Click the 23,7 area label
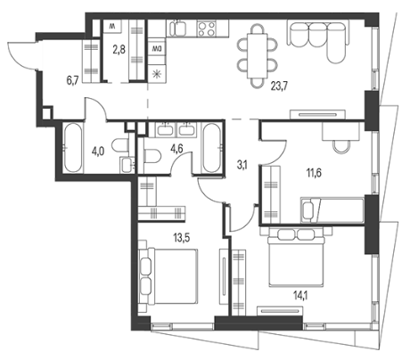pyautogui.click(x=279, y=86)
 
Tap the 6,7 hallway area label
pyautogui.click(x=72, y=81)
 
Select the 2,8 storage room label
pyautogui.click(x=119, y=50)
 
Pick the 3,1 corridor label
pyautogui.click(x=242, y=166)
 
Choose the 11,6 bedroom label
pyautogui.click(x=315, y=173)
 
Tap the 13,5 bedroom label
pyautogui.click(x=182, y=238)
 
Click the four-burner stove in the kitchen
pyautogui.click(x=206, y=29)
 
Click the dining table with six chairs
pyautogui.click(x=258, y=56)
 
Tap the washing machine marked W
pyautogui.click(x=112, y=27)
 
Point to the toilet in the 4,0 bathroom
pyautogui.click(x=119, y=146)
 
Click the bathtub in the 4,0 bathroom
pyautogui.click(x=72, y=148)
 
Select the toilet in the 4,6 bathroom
pyautogui.click(x=152, y=155)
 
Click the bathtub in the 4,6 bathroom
pyautogui.click(x=211, y=148)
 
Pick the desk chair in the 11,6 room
pyautogui.click(x=340, y=146)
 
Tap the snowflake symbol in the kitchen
pyautogui.click(x=156, y=74)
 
